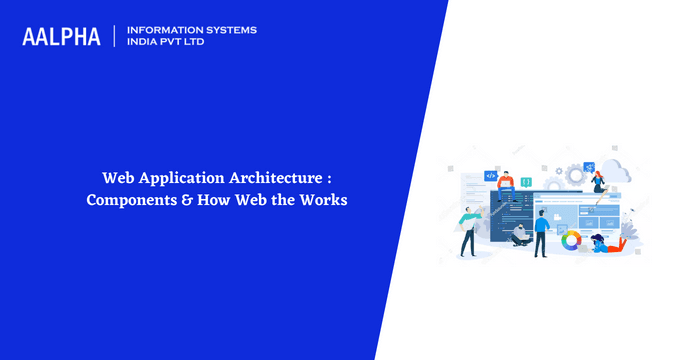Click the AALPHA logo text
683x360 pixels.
click(61, 36)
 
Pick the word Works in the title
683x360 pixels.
click(322, 199)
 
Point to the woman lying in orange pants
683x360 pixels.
click(608, 242)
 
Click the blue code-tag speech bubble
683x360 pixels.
click(490, 176)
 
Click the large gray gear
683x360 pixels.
click(577, 172)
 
